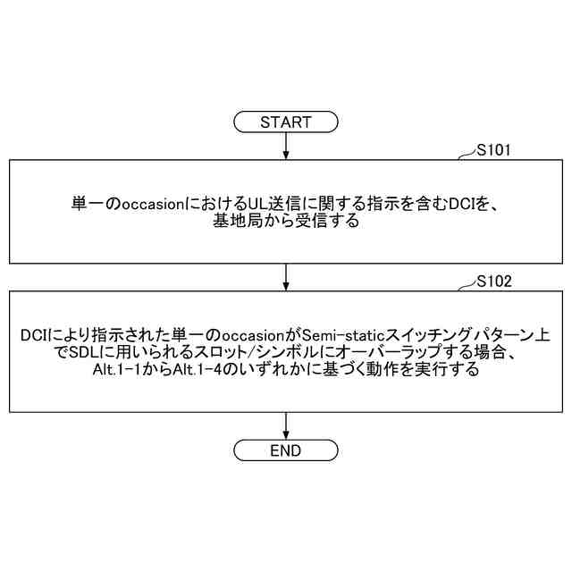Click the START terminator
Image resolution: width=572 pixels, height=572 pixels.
[x=285, y=122]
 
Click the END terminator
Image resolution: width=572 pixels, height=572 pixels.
[x=285, y=450]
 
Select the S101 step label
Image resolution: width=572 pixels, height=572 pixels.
[x=492, y=151]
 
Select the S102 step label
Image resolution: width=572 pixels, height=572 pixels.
[x=493, y=281]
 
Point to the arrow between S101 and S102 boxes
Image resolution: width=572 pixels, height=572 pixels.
[x=285, y=276]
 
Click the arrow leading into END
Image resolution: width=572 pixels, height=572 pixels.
[x=285, y=425]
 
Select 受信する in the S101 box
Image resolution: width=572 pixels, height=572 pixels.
[x=331, y=222]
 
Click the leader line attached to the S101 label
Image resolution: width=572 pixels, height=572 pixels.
[x=467, y=156]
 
